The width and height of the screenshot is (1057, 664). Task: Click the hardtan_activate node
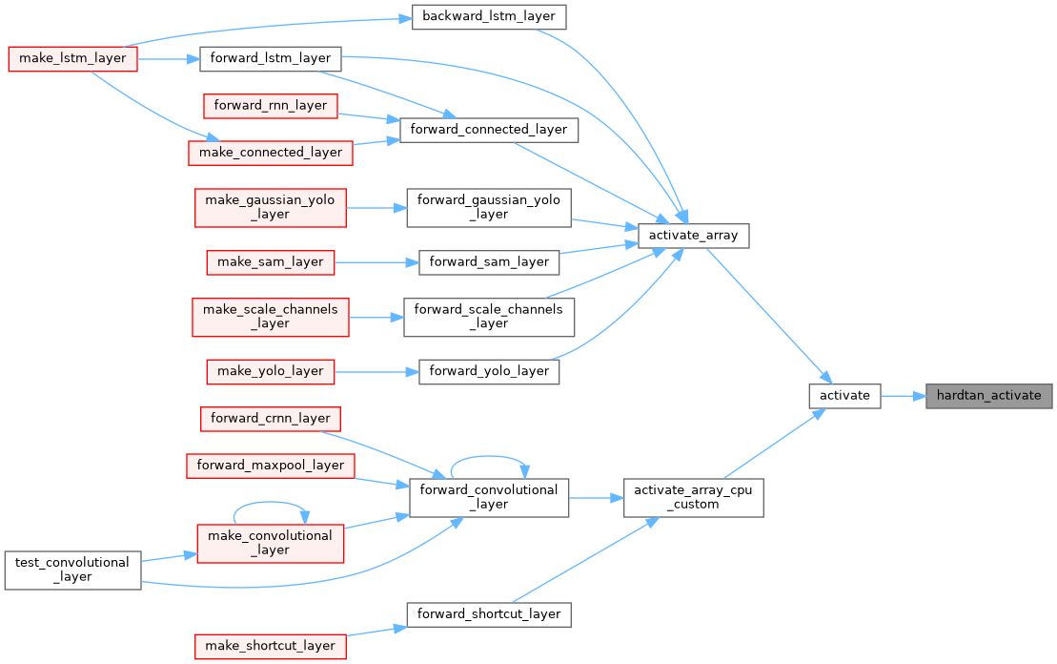[x=988, y=395]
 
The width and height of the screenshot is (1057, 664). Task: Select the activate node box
[x=844, y=395]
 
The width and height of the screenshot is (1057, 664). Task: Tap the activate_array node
[x=693, y=235]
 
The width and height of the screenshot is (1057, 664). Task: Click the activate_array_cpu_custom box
[x=694, y=498]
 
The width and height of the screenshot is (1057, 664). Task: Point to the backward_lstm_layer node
[x=489, y=16]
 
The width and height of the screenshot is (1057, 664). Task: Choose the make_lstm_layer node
[x=73, y=58]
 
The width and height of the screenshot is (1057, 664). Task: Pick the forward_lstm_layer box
[x=270, y=58]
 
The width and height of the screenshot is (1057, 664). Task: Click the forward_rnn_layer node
[x=271, y=105]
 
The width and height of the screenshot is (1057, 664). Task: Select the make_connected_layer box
[x=271, y=152]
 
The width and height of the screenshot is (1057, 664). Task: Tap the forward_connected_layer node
[x=489, y=129]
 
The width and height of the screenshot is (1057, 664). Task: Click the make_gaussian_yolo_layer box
[x=271, y=207]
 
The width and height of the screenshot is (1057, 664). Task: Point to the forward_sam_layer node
[x=489, y=261]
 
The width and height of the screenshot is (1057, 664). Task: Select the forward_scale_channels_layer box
[x=489, y=316]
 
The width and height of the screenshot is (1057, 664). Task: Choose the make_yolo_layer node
[x=271, y=370]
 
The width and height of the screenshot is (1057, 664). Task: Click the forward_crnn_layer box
[x=271, y=418]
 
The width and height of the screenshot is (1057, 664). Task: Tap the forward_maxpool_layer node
[x=271, y=465]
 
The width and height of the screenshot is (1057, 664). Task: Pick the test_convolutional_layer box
[x=73, y=570]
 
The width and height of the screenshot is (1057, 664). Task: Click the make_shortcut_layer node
[x=271, y=646]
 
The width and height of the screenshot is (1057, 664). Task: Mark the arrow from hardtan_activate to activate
[x=903, y=395]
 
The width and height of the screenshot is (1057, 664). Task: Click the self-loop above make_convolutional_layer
[x=271, y=503]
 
